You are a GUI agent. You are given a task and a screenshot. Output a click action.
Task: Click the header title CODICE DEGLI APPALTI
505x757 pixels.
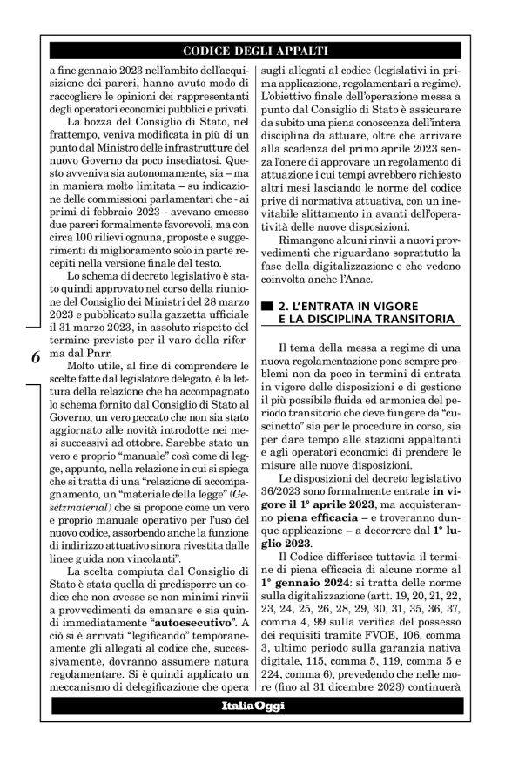pos(253,49)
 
